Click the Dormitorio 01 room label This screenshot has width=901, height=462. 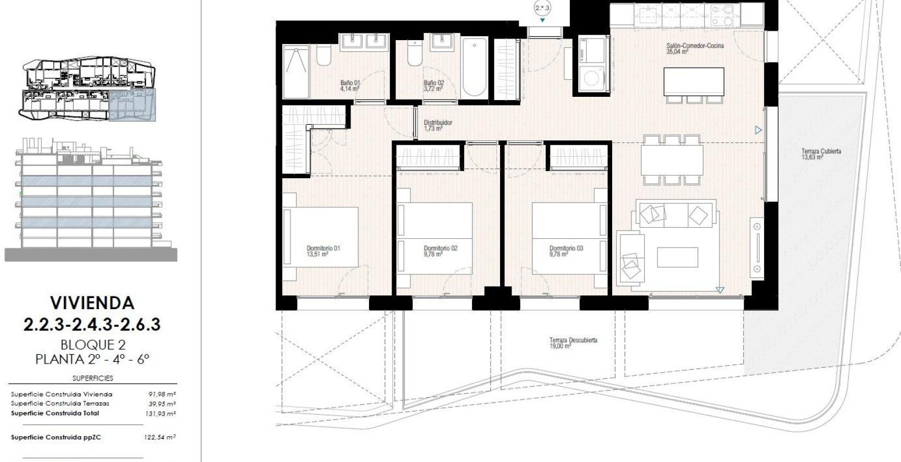(323, 251)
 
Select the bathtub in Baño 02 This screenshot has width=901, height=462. (475, 67)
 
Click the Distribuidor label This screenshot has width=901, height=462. (437, 125)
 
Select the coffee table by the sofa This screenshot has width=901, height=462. (677, 257)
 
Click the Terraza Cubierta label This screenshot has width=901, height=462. (821, 154)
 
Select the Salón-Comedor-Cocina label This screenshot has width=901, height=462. (695, 48)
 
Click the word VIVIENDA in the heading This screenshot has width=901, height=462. (92, 302)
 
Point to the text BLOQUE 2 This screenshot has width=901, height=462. (92, 345)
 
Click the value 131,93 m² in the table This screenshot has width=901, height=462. (161, 414)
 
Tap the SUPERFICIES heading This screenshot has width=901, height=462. (92, 378)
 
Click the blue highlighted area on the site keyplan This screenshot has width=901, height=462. (132, 106)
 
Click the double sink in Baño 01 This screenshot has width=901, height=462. (364, 41)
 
